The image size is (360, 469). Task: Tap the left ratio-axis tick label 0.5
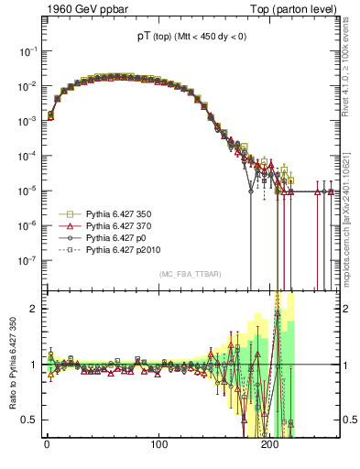click(30, 420)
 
